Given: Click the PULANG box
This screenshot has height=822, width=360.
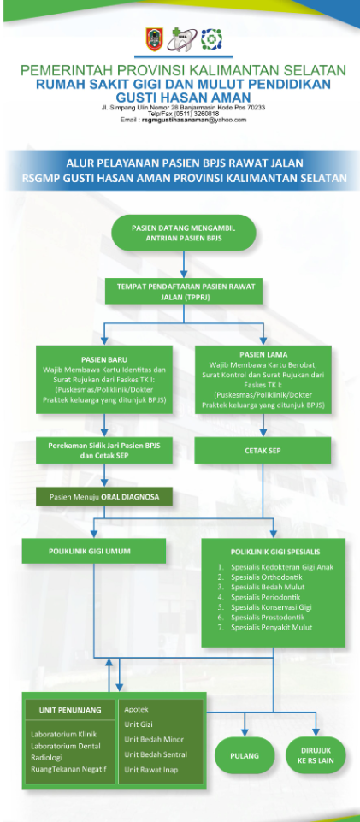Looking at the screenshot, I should click(x=245, y=756).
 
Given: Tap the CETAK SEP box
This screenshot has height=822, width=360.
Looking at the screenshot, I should click(x=263, y=449).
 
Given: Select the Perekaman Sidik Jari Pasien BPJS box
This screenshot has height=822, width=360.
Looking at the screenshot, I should click(x=103, y=450).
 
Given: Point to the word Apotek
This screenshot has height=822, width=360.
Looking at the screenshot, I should click(x=137, y=709).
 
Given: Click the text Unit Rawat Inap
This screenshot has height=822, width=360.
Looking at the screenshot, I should click(x=152, y=769).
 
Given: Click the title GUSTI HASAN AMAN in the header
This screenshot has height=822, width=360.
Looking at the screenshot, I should click(x=182, y=98).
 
